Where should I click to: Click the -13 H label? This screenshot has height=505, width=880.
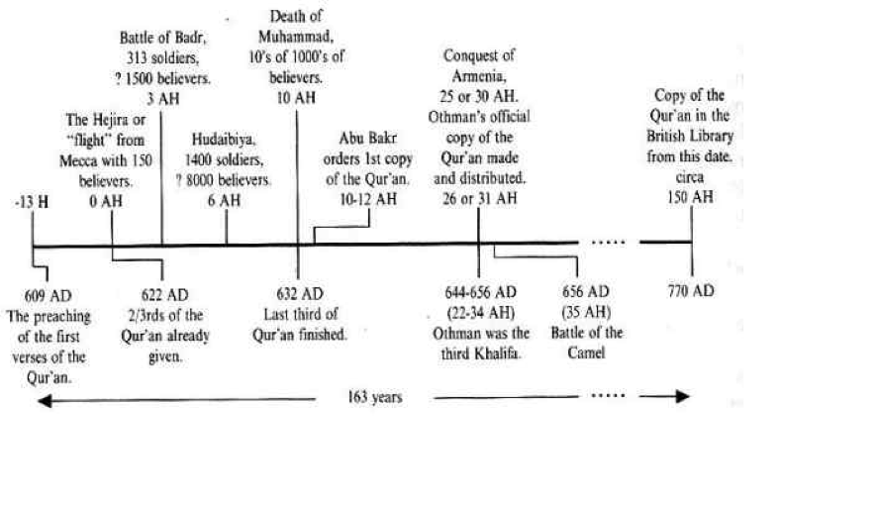click(32, 202)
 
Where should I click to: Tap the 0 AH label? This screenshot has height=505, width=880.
click(106, 201)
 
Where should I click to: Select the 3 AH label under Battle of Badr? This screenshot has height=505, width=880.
click(162, 99)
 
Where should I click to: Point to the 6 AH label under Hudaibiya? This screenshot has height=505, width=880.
click(224, 200)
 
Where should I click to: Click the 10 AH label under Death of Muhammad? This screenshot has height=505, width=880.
click(296, 98)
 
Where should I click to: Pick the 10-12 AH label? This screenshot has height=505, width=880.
click(368, 199)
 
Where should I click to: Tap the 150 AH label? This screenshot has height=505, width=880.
click(690, 197)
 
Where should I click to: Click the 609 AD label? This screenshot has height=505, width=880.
click(49, 296)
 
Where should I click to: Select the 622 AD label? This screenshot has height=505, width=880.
click(165, 295)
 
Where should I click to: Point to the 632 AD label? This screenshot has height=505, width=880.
click(300, 294)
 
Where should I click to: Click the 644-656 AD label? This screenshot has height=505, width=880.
click(480, 292)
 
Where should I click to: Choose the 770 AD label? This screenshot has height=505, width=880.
click(691, 291)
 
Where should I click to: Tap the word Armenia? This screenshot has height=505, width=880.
click(479, 75)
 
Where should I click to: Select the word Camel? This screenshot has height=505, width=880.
click(586, 353)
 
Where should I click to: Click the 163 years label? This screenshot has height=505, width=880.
click(375, 397)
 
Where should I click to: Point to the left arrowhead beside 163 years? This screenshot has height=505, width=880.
click(45, 400)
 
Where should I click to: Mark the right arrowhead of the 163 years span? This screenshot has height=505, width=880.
click(682, 396)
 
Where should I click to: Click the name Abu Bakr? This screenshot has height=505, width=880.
click(367, 138)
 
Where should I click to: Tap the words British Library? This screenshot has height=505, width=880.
click(690, 137)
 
